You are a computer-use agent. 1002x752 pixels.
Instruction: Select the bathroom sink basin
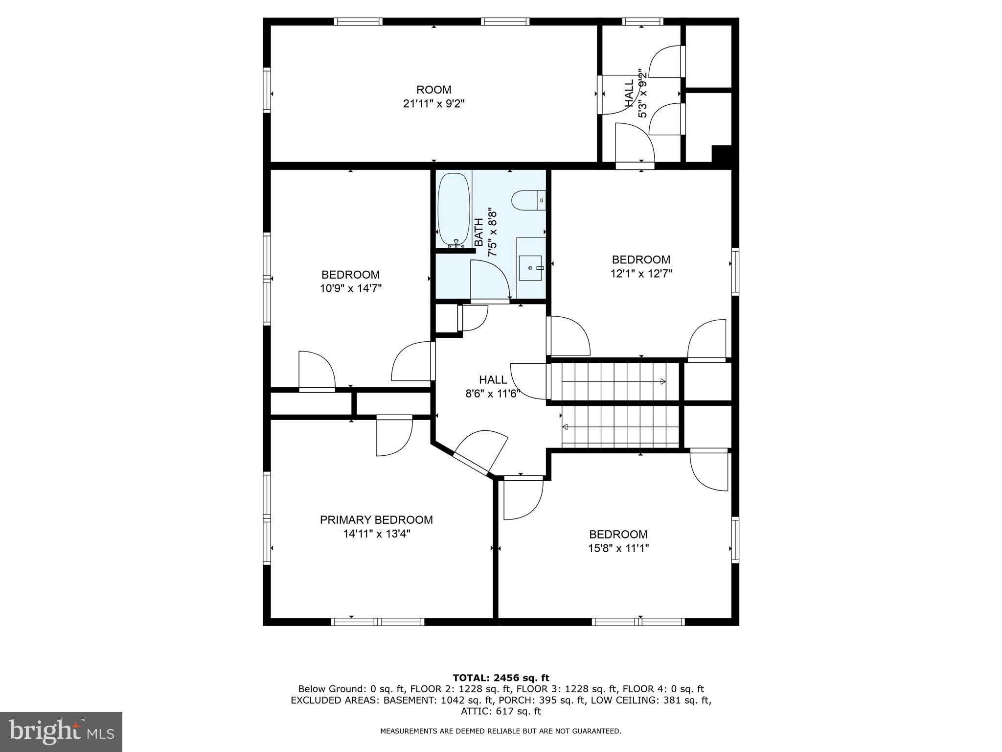[x=530, y=268]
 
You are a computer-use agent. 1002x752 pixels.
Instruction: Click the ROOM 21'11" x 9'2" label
[x=433, y=96]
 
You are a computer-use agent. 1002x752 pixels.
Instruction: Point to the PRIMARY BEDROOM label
[x=376, y=520]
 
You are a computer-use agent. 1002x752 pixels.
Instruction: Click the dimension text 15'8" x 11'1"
[x=618, y=548]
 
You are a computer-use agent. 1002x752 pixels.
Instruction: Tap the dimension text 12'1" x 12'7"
[x=641, y=274]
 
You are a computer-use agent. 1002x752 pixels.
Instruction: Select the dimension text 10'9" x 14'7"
[x=350, y=288]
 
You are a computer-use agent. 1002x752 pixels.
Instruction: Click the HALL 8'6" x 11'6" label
[x=493, y=386]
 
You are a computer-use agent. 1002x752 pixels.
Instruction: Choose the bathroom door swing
[x=489, y=279]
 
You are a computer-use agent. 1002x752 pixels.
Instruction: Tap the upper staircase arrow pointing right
[x=663, y=381]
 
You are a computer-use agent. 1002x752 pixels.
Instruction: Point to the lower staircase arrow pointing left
[x=565, y=427]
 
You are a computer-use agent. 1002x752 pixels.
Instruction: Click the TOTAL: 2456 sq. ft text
[x=501, y=678]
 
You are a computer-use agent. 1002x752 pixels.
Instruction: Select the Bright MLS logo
[x=61, y=731]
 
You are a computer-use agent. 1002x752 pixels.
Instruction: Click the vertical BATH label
[x=479, y=233]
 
